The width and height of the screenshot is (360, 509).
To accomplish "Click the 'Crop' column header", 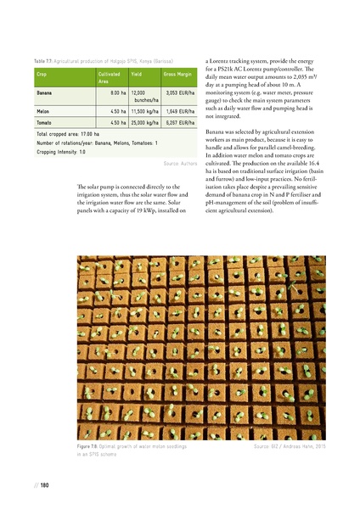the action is point(42,75).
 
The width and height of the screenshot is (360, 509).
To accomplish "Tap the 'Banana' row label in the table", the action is point(46,92).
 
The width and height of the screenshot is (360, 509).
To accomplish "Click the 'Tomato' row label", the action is point(45,122).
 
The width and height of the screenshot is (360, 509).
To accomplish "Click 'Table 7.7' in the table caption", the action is point(45,61).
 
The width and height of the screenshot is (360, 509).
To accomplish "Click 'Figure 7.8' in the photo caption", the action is point(88,445).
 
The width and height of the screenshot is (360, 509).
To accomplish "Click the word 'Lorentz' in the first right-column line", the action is point(227,61).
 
